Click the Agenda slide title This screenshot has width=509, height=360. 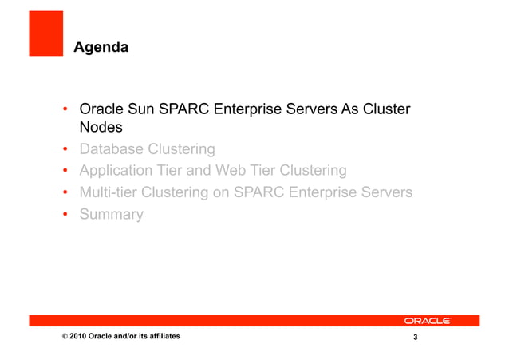(101, 49)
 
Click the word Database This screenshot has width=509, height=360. (113, 149)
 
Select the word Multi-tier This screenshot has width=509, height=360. (112, 192)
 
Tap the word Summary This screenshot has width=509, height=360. (111, 214)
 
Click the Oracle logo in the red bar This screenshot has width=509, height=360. (427, 321)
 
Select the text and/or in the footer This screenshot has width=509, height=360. (122, 338)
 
